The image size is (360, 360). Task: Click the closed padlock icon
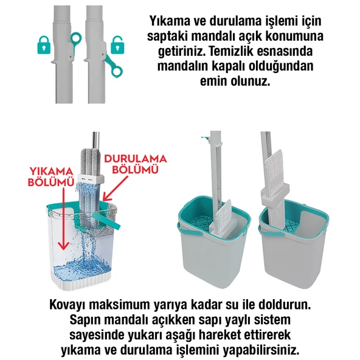point(43,45)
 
